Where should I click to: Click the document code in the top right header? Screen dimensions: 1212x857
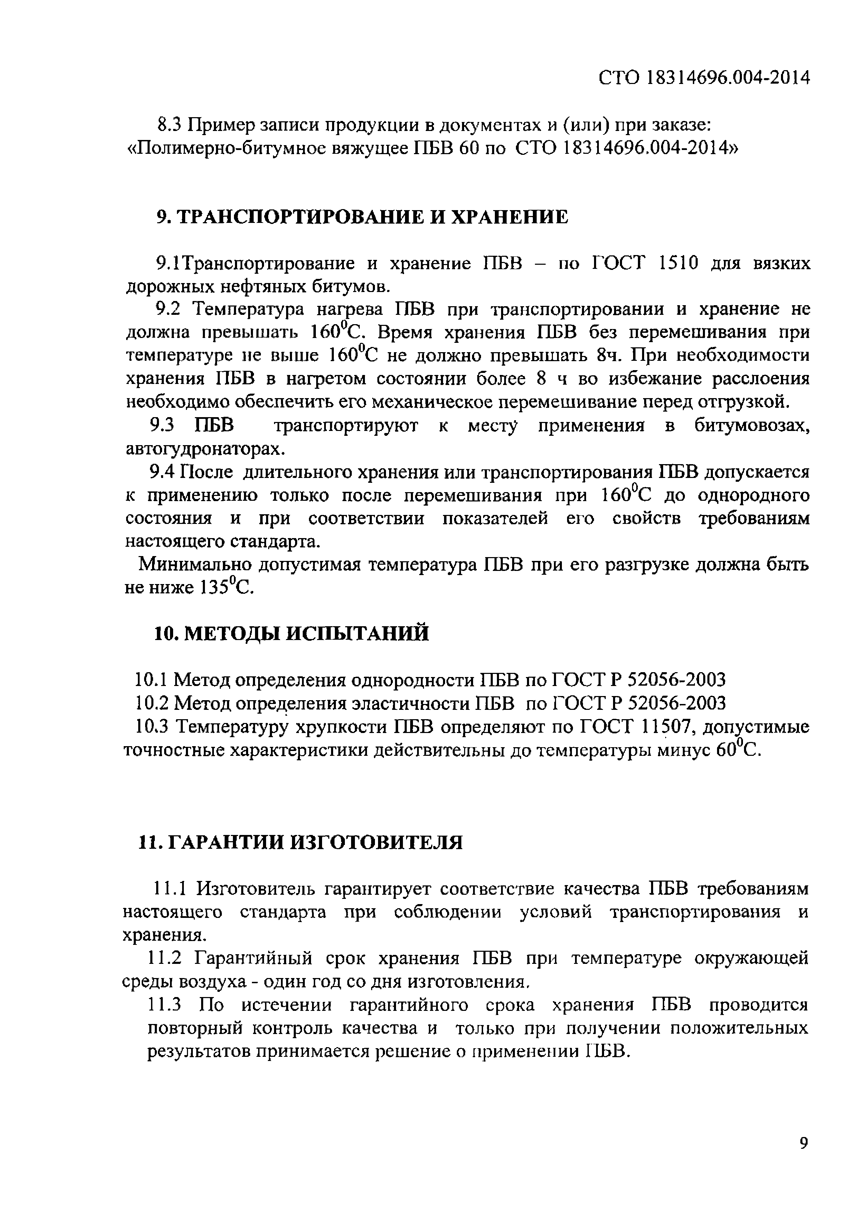click(x=704, y=78)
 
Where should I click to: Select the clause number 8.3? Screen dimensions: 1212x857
click(x=170, y=125)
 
